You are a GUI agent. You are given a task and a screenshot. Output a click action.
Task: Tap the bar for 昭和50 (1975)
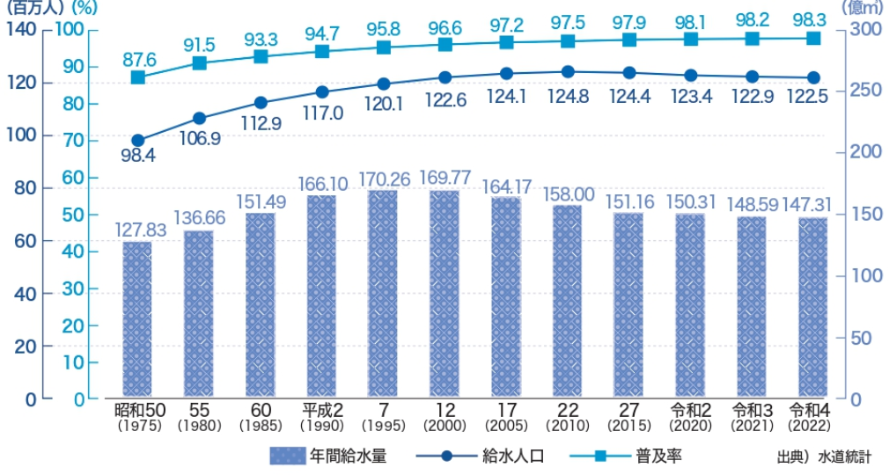(x=137, y=318)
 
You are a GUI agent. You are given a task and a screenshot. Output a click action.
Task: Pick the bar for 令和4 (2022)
(x=813, y=307)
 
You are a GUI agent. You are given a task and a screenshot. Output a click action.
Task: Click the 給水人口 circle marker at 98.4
(x=138, y=140)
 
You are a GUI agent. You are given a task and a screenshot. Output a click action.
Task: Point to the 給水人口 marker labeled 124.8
(x=568, y=72)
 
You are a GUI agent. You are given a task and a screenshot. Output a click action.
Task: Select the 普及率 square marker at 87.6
(x=138, y=77)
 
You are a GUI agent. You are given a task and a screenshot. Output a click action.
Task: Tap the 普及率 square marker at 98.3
(x=813, y=38)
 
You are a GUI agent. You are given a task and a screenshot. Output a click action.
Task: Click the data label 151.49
(x=261, y=201)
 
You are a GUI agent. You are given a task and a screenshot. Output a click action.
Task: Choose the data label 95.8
(x=383, y=28)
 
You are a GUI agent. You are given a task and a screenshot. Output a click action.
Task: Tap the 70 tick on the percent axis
(x=72, y=141)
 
